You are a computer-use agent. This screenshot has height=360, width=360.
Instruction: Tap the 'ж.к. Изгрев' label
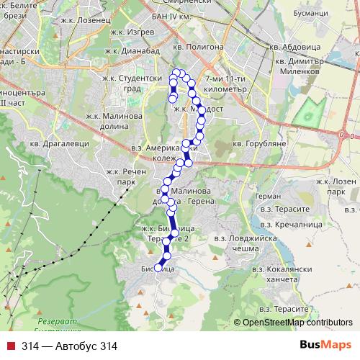[x=130, y=32]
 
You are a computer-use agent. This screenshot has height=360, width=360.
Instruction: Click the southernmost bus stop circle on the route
[x=159, y=268]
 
